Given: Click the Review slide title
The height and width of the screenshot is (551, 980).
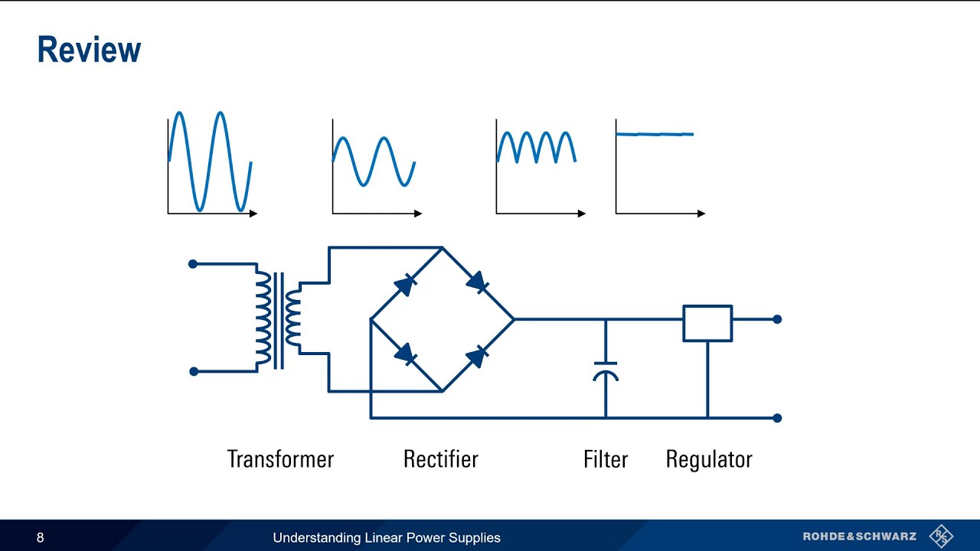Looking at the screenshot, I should pyautogui.click(x=89, y=51).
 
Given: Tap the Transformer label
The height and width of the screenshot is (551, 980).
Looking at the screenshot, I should pyautogui.click(x=280, y=459).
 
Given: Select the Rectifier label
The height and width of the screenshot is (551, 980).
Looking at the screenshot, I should pyautogui.click(x=440, y=459).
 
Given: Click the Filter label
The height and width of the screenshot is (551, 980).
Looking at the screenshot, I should pyautogui.click(x=605, y=459).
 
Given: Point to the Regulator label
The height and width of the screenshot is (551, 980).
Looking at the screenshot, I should pyautogui.click(x=709, y=459).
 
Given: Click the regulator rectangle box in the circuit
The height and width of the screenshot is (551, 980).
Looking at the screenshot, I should pyautogui.click(x=707, y=323).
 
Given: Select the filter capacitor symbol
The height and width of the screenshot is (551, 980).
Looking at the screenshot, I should pyautogui.click(x=606, y=370).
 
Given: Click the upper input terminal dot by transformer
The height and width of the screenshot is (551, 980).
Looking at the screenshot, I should pyautogui.click(x=193, y=264).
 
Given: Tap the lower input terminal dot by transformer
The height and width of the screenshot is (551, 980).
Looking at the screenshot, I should pyautogui.click(x=194, y=372).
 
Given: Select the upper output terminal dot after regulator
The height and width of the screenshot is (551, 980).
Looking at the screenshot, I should pyautogui.click(x=777, y=319).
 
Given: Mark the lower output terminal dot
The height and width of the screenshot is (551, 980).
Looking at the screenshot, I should pyautogui.click(x=777, y=418).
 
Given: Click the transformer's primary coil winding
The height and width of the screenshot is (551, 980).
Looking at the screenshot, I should pyautogui.click(x=263, y=318).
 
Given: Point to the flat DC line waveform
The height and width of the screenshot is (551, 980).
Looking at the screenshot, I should pyautogui.click(x=655, y=135).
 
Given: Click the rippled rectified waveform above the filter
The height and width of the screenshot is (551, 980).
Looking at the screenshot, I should pyautogui.click(x=536, y=146).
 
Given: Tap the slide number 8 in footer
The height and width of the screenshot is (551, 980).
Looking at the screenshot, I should pyautogui.click(x=41, y=538).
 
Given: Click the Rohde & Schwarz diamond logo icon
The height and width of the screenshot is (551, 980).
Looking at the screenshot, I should pyautogui.click(x=941, y=536).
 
